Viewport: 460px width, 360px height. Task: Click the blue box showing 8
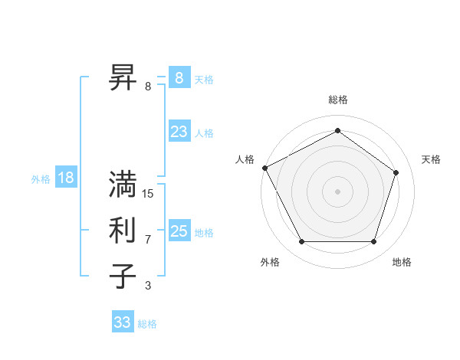tap(179, 78)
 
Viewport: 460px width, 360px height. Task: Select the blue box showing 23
tap(179, 132)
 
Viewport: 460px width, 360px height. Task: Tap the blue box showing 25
tap(179, 231)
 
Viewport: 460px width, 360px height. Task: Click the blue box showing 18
tap(66, 178)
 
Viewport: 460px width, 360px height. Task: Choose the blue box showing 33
tap(123, 322)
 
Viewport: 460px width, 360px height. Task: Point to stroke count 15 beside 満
tap(148, 194)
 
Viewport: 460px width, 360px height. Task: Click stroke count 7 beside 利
tap(148, 240)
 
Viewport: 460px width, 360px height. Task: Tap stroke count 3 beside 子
tap(148, 286)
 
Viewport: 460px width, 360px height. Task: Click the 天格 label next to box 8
tap(204, 80)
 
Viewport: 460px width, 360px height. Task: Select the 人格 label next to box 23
tap(204, 133)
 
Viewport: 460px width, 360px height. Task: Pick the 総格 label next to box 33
tap(147, 324)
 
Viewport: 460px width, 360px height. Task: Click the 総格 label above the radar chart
tap(337, 100)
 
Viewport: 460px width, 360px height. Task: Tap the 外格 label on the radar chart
tap(270, 262)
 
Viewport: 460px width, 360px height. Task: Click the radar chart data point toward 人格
tap(264, 168)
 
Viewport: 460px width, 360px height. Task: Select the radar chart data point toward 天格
tap(396, 172)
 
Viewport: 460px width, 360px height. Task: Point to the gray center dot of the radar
tap(337, 191)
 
